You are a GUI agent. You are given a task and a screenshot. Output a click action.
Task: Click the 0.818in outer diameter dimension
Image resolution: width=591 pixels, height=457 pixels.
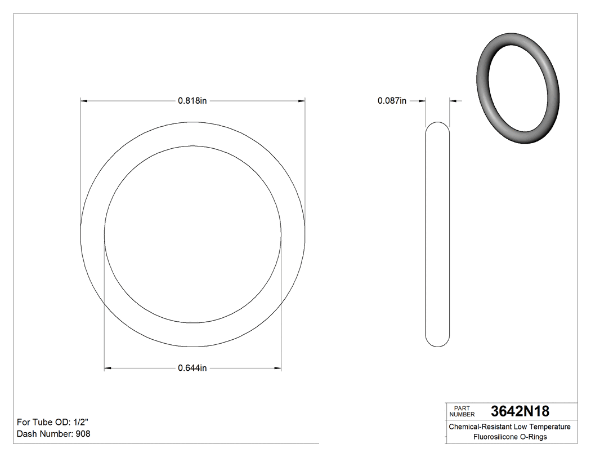click(x=192, y=101)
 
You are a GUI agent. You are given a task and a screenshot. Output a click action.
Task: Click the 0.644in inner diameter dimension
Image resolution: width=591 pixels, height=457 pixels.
click(x=192, y=369)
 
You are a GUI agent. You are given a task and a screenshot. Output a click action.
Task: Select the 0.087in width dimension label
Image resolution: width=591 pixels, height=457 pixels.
click(x=392, y=101)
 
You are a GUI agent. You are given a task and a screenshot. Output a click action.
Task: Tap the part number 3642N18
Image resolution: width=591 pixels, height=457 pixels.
click(x=520, y=411)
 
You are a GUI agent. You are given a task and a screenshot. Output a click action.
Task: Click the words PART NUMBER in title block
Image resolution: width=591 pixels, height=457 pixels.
click(x=462, y=411)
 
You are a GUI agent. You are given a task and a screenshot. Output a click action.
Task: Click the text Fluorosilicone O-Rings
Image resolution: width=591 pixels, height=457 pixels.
click(x=509, y=437)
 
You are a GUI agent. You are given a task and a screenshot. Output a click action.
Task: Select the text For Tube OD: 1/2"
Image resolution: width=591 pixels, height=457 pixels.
click(x=53, y=422)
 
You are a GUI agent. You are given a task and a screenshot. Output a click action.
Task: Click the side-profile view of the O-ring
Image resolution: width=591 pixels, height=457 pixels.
click(x=437, y=234)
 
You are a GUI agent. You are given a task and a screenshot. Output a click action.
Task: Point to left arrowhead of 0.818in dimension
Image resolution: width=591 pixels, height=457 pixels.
click(x=84, y=101)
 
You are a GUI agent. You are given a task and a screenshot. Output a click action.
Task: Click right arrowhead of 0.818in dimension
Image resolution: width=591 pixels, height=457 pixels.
click(x=301, y=101)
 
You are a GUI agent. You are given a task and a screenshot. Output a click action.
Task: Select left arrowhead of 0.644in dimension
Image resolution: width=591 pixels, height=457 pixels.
click(x=108, y=369)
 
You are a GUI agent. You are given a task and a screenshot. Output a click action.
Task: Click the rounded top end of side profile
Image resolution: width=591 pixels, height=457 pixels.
click(x=437, y=125)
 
